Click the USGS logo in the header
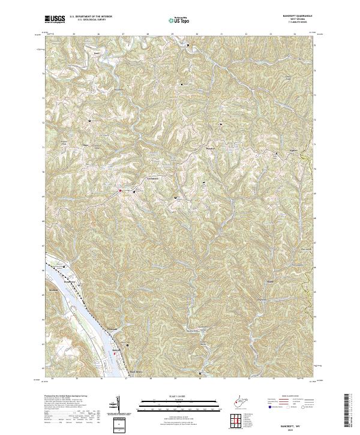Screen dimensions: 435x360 point(55,20)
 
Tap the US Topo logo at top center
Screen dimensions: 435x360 point(179,20)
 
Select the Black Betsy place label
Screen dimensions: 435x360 point(137,372)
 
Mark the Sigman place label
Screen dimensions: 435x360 point(277,151)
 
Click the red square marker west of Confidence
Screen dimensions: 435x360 point(119,191)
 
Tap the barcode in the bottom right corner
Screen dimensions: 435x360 point(350,413)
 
